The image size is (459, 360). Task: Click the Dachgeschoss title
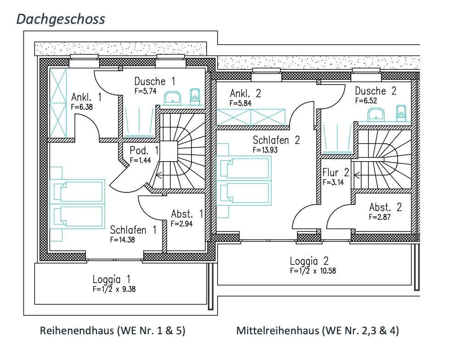[x=61, y=19]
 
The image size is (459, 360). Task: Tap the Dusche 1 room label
[x=155, y=81]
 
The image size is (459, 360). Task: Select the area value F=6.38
[x=82, y=107]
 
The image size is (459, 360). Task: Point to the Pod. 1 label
[x=144, y=151]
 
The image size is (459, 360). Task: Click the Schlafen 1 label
[x=133, y=230]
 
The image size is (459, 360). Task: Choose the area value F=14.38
[x=123, y=240]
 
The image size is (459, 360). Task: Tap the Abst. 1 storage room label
[x=187, y=214]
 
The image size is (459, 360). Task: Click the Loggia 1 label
[x=111, y=279]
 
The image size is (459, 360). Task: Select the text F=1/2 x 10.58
[x=313, y=270]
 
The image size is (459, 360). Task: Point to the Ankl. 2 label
[x=245, y=93]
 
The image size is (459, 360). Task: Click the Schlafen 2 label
[x=276, y=140]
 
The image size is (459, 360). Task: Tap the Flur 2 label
[x=336, y=173]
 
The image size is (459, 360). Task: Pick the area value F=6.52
[x=366, y=101]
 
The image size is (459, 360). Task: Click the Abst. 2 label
[x=385, y=208]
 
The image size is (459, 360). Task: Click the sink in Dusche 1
[x=172, y=98]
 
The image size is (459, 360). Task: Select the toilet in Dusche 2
[x=401, y=113]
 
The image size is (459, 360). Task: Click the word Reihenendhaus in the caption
[x=77, y=331]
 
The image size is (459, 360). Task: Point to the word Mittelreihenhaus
[x=278, y=331]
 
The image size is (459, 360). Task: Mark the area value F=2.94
[x=181, y=224]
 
